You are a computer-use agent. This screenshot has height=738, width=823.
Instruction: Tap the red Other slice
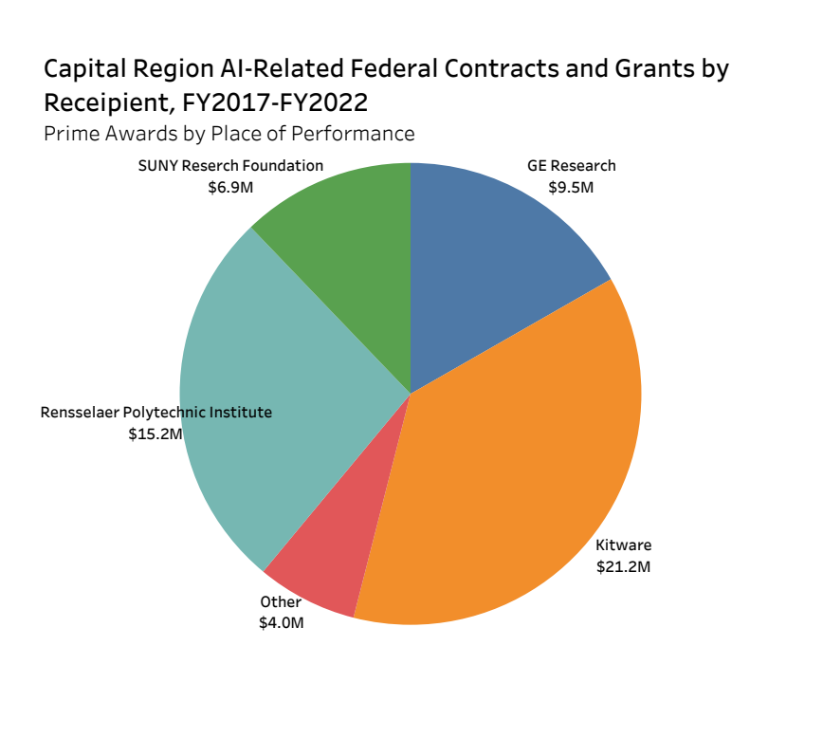click(x=327, y=569)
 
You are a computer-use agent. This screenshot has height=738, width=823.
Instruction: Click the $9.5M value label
click(x=571, y=187)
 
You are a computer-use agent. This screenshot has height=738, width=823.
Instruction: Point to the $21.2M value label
click(x=623, y=567)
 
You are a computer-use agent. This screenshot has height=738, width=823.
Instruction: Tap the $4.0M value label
click(x=282, y=623)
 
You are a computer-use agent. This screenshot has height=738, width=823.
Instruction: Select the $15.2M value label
click(x=155, y=434)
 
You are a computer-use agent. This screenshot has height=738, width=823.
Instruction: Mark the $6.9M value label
click(x=231, y=187)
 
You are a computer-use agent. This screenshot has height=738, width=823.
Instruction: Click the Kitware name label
click(x=623, y=545)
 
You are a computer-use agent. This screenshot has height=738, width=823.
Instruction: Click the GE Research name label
click(x=572, y=165)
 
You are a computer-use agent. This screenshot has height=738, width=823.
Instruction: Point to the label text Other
click(x=281, y=601)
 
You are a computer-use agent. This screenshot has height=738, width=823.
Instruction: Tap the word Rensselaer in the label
click(x=81, y=413)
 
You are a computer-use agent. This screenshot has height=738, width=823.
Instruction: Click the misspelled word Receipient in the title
click(x=105, y=101)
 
